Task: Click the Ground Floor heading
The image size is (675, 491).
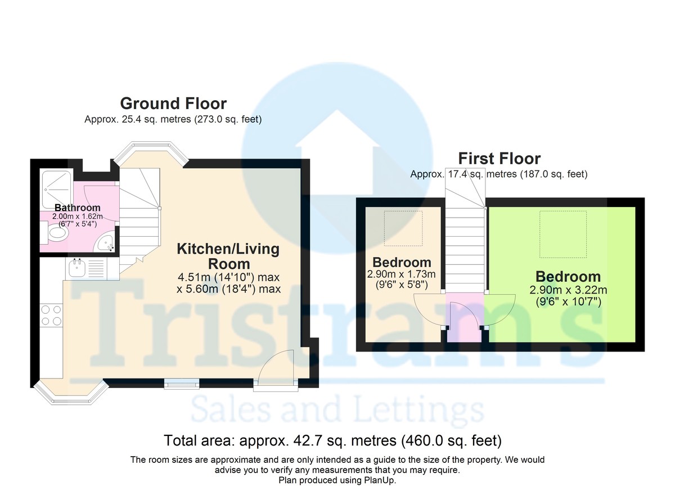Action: [173, 103]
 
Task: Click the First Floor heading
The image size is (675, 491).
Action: [499, 159]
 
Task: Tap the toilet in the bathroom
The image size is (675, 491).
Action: [55, 232]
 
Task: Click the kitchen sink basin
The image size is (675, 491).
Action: [77, 268]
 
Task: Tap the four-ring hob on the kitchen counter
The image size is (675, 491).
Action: [51, 315]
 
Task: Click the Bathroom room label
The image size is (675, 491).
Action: [78, 208]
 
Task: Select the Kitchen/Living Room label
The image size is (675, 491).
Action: [228, 256]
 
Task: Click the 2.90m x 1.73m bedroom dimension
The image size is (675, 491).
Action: [402, 274]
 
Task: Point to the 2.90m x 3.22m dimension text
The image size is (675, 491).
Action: [568, 290]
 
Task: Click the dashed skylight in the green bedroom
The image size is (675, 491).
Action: [563, 235]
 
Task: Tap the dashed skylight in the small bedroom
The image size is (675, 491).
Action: [403, 228]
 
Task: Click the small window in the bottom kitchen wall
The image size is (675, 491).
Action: [182, 384]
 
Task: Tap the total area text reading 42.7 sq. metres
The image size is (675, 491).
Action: [332, 441]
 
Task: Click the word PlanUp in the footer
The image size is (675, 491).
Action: [379, 480]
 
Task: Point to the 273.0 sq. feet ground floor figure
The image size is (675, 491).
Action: [228, 119]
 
